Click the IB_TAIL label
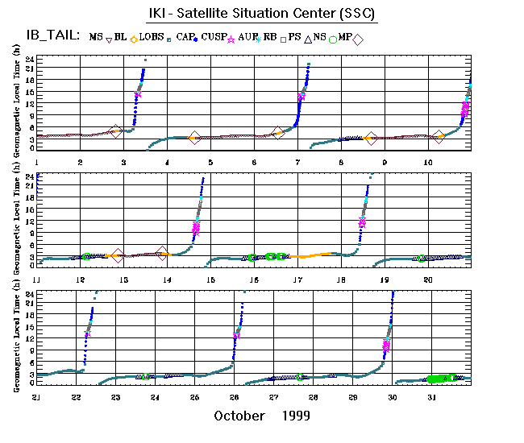tap(50, 36)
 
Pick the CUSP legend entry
tap(214, 37)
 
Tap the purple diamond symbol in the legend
tap(358, 38)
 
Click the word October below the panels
tap(239, 416)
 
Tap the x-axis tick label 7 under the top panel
tap(297, 163)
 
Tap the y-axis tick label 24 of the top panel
tap(29, 60)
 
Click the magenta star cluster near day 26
tap(236, 335)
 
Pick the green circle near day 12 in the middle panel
tap(85, 256)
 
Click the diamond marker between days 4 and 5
tap(193, 139)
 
